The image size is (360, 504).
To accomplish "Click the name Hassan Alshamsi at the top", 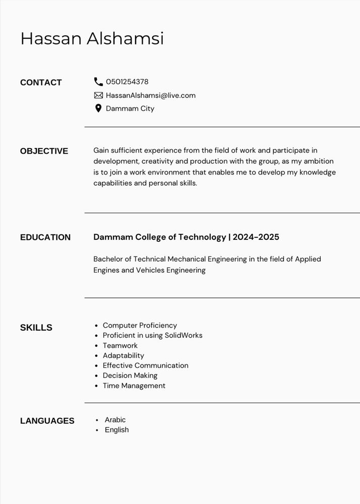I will click(x=92, y=39).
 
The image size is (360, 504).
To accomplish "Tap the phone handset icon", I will click(x=98, y=82).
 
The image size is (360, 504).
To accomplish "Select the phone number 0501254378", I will click(x=127, y=82).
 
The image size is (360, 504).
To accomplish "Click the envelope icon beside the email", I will click(x=98, y=95).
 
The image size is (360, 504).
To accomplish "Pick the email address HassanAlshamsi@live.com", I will click(x=150, y=95).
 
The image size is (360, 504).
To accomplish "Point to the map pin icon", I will click(x=98, y=108).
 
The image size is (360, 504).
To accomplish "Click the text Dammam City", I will click(x=130, y=108).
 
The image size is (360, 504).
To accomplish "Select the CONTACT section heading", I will click(x=41, y=83).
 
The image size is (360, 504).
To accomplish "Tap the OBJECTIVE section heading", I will click(x=44, y=151).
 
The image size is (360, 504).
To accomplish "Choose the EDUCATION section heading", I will click(x=45, y=237).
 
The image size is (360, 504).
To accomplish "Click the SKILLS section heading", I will click(x=36, y=328).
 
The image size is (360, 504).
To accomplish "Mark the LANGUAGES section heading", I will click(x=47, y=421).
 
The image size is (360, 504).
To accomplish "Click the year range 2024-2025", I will click(x=256, y=237).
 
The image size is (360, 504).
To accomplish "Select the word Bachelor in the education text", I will click(x=108, y=259).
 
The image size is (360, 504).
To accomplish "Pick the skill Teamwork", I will click(x=120, y=345).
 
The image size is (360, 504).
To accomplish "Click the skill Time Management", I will click(x=134, y=386).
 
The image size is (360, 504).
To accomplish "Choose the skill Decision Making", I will click(x=130, y=375).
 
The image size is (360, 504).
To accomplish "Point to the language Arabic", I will click(x=115, y=420).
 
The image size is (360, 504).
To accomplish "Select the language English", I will click(x=116, y=430).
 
